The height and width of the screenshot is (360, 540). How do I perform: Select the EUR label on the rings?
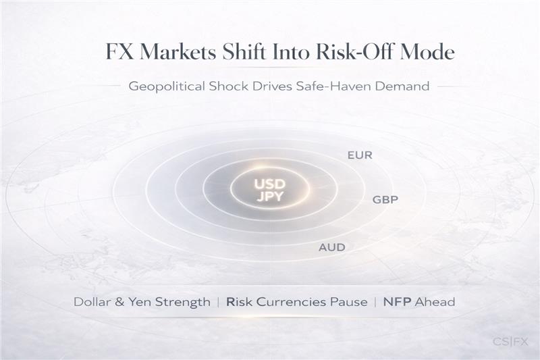click(360, 155)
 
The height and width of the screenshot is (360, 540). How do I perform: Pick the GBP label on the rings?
click(385, 200)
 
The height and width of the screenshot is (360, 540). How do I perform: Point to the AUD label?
click(332, 247)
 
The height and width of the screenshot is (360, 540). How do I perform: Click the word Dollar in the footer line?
click(92, 302)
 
